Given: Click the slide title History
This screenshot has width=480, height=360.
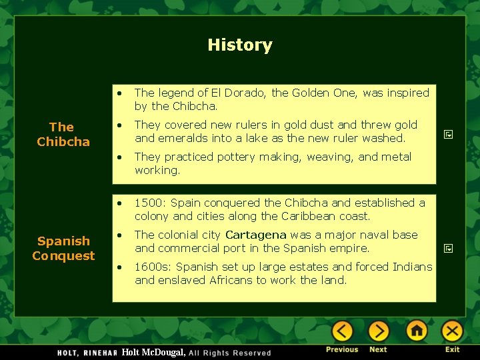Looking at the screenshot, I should pos(239,45).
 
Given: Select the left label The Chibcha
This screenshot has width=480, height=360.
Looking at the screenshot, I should pos(63,134).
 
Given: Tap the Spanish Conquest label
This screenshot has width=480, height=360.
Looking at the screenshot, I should pos(63,248).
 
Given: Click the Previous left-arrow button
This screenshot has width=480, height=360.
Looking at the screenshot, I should pos(342,331).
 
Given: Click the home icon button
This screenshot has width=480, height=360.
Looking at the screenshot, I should pos(417,331).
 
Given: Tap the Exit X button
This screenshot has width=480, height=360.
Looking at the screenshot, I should pos(452,331).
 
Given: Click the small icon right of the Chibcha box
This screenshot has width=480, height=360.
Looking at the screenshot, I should pos(449,135).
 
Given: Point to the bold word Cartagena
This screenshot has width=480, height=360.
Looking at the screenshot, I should pos(256,235).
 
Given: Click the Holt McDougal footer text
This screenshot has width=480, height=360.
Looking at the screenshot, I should pos(153,352).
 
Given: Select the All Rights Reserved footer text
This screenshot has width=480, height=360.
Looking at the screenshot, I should pos(230,353).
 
